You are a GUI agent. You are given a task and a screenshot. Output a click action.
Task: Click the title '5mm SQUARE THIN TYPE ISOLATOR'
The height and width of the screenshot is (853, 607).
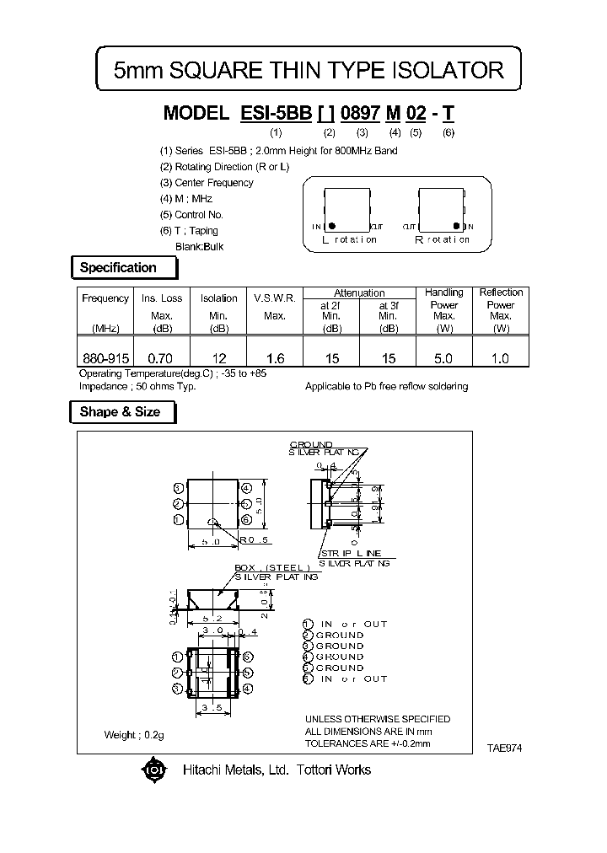pyautogui.click(x=309, y=71)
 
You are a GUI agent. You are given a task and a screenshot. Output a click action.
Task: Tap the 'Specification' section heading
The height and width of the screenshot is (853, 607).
pyautogui.click(x=118, y=268)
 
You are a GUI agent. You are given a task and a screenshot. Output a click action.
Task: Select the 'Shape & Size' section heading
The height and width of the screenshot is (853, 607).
pyautogui.click(x=119, y=412)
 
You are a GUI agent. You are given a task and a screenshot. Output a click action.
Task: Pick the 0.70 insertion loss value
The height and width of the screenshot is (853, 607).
pyautogui.click(x=161, y=358)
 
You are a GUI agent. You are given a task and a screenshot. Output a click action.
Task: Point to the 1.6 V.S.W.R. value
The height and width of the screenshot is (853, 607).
pyautogui.click(x=275, y=358)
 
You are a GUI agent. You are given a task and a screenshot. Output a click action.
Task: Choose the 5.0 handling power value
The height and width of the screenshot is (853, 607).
pyautogui.click(x=443, y=358)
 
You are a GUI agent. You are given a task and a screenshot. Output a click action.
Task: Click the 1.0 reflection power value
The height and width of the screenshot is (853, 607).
pyautogui.click(x=501, y=358)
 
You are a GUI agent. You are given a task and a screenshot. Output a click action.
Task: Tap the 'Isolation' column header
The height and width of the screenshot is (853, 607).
pyautogui.click(x=219, y=298)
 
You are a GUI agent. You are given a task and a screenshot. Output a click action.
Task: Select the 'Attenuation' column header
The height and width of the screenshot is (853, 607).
pyautogui.click(x=359, y=292)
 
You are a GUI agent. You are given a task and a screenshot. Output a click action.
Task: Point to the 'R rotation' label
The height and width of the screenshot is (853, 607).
pyautogui.click(x=443, y=239)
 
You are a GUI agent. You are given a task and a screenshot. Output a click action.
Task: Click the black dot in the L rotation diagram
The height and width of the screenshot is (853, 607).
pyautogui.click(x=333, y=226)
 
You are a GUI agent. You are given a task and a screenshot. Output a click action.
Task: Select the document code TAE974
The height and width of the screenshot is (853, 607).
pyautogui.click(x=504, y=748)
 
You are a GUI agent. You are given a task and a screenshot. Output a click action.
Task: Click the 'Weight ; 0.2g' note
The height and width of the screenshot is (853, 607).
pyautogui.click(x=133, y=735)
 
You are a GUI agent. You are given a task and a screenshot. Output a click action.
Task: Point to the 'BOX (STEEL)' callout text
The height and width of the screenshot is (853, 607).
pyautogui.click(x=273, y=567)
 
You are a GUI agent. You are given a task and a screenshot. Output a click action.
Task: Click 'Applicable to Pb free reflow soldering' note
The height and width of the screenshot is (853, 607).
pyautogui.click(x=386, y=386)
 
